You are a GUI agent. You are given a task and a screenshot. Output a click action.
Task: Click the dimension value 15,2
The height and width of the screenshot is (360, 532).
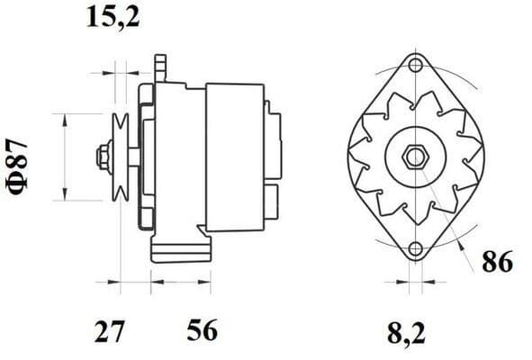(113, 16)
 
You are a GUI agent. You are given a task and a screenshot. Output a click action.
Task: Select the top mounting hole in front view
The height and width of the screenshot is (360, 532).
(415, 65)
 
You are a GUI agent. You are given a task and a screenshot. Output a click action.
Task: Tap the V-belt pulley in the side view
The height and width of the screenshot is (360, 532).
(120, 157)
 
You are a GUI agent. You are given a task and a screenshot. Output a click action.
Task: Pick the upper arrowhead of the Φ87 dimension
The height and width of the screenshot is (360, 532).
(64, 119)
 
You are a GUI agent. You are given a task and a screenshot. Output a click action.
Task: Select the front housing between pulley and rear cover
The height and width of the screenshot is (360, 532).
(171, 157)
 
